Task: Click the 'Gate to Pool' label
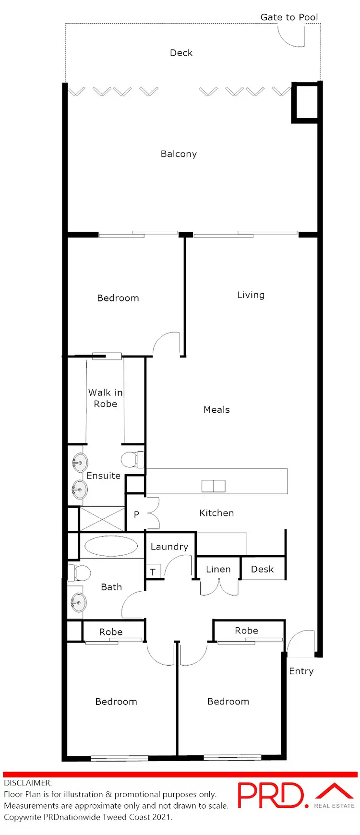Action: click(289, 17)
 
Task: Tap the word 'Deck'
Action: click(181, 53)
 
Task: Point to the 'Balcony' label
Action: click(179, 154)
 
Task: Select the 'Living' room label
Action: click(251, 295)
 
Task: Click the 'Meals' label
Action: click(216, 410)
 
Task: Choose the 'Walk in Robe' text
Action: click(106, 398)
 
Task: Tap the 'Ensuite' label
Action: click(103, 476)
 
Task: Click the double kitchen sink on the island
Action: click(213, 486)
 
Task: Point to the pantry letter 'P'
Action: click(136, 514)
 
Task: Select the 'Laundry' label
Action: click(169, 547)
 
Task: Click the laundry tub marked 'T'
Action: click(153, 572)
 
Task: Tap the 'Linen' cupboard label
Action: click(218, 569)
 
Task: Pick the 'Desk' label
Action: click(262, 569)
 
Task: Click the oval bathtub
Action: click(111, 546)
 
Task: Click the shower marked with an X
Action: click(102, 519)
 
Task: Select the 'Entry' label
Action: click(301, 671)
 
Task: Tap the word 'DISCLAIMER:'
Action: click(28, 783)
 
